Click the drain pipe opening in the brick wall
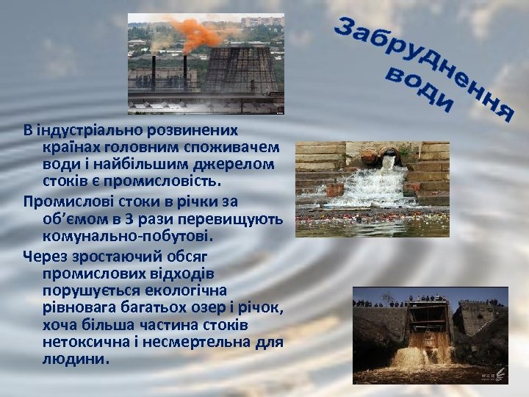tap(387, 157)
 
